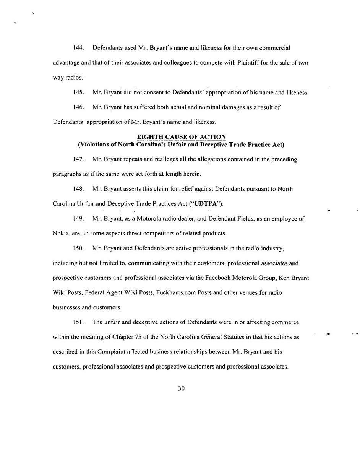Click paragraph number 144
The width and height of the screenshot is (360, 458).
coord(78,48)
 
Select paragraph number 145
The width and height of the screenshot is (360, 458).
coord(78,93)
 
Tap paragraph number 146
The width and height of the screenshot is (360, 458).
coord(78,107)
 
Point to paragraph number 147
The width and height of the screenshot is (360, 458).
coord(78,159)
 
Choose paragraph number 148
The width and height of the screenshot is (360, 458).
coord(78,189)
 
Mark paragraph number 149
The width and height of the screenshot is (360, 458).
coord(78,219)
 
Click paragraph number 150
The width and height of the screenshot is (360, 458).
coord(78,248)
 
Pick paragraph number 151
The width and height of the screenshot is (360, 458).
coord(78,322)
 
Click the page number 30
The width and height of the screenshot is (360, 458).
coord(181,389)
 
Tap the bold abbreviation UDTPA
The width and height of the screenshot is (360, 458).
coord(206,204)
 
